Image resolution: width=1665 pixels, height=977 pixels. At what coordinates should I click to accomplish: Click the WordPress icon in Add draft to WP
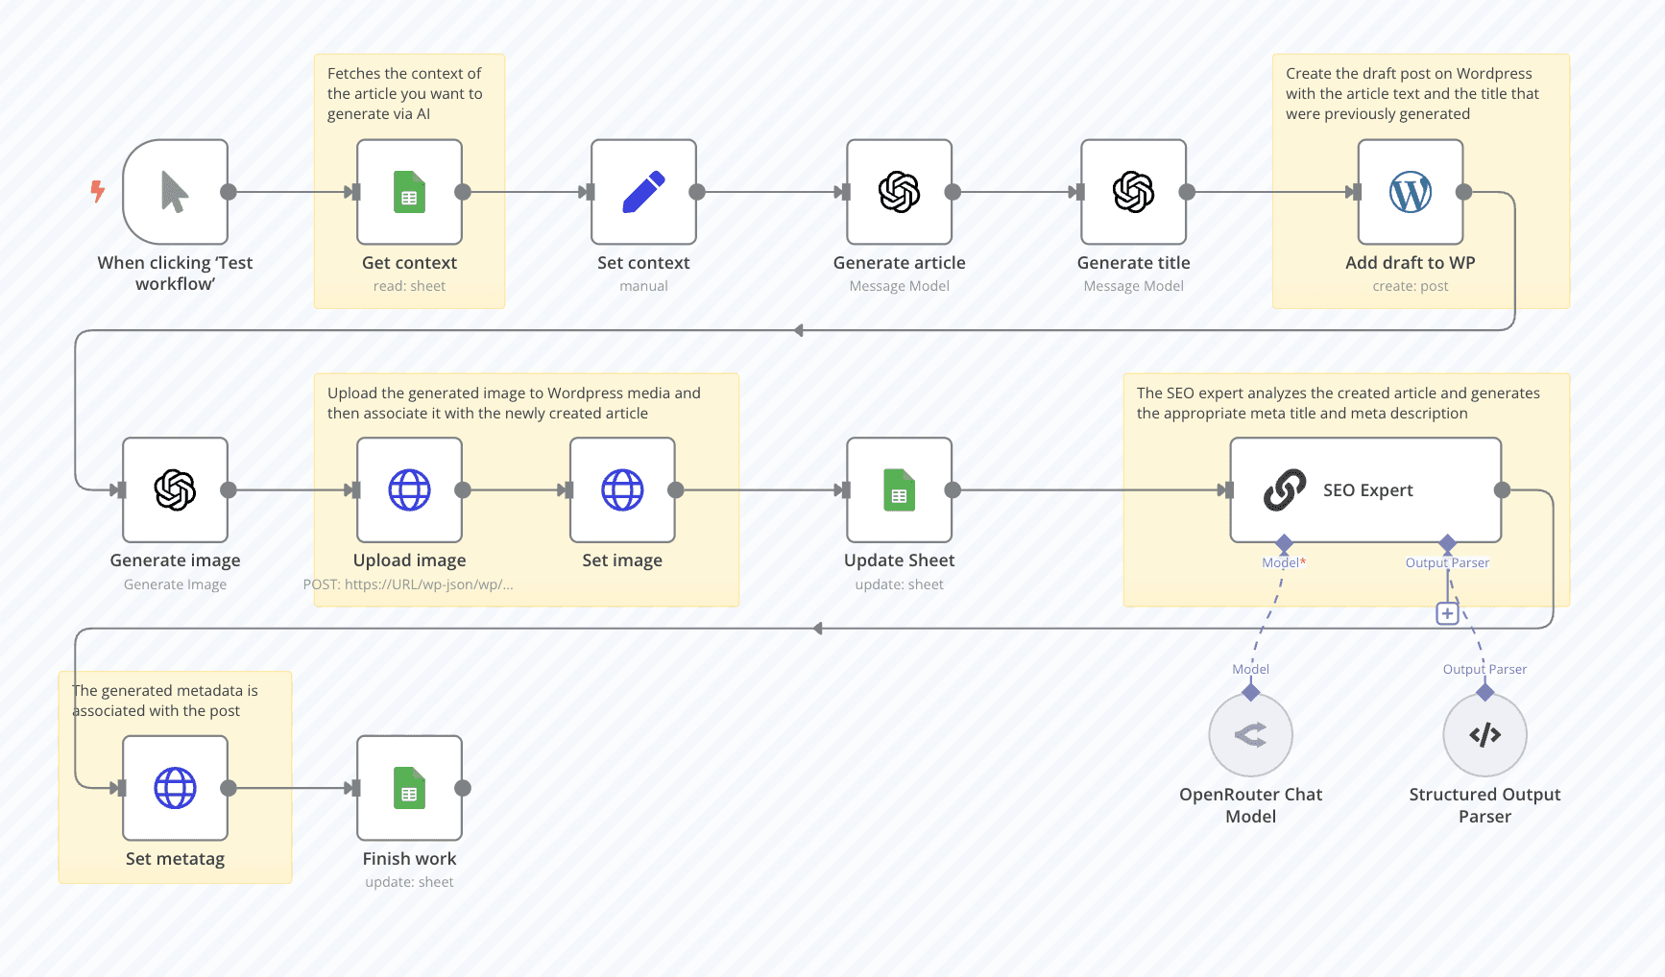click(1410, 192)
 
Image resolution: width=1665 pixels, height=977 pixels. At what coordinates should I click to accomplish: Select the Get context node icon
click(409, 192)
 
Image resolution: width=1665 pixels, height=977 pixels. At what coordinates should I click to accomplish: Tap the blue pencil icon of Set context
click(643, 192)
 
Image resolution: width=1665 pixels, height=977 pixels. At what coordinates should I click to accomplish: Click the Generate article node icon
click(899, 192)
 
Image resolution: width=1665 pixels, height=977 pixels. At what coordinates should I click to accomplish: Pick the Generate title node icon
click(1133, 192)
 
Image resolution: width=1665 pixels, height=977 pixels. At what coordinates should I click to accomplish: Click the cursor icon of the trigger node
click(174, 192)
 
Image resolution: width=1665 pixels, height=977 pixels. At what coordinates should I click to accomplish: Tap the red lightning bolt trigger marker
click(97, 191)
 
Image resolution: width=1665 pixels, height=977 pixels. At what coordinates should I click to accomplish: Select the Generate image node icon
click(175, 489)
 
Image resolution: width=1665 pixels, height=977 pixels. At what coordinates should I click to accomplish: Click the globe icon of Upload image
click(409, 489)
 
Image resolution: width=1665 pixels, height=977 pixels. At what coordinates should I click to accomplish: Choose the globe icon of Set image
click(622, 489)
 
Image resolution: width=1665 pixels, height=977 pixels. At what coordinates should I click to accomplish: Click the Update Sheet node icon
click(899, 489)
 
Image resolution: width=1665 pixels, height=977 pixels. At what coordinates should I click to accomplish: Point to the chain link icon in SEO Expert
click(1285, 489)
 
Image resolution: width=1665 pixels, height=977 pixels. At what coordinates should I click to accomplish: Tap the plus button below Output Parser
click(1447, 613)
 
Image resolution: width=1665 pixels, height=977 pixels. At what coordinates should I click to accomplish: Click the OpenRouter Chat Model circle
click(1250, 735)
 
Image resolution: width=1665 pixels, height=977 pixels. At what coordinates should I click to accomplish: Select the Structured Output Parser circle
click(1484, 735)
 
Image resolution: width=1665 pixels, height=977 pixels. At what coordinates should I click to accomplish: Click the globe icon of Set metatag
click(175, 788)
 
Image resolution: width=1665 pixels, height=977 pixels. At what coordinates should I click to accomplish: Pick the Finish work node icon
click(409, 788)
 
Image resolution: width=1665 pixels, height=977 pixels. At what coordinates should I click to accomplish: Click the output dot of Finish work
click(463, 788)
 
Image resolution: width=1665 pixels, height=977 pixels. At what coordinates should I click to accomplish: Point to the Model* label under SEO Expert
click(1284, 562)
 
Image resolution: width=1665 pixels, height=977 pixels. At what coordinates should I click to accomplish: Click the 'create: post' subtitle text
click(1410, 286)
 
